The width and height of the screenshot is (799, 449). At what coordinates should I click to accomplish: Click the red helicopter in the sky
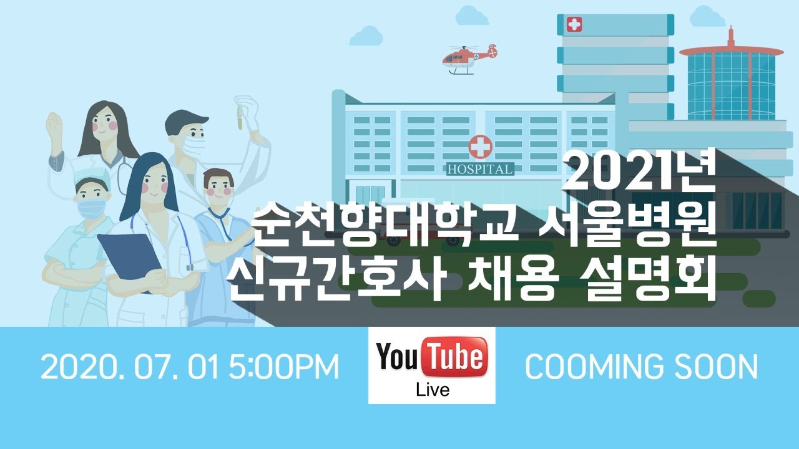click(x=468, y=58)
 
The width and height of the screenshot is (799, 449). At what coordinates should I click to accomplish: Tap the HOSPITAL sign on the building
click(x=480, y=169)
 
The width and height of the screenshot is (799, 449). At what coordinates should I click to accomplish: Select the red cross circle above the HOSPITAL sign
click(x=480, y=147)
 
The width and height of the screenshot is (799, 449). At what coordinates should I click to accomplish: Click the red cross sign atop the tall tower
click(x=574, y=25)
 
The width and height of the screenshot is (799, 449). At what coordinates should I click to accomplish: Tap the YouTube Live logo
click(x=431, y=365)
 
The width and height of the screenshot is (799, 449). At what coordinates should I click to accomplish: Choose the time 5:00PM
click(x=283, y=367)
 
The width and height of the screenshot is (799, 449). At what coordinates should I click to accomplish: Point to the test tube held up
click(x=238, y=117)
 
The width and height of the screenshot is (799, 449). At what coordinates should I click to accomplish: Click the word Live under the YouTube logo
click(x=432, y=390)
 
